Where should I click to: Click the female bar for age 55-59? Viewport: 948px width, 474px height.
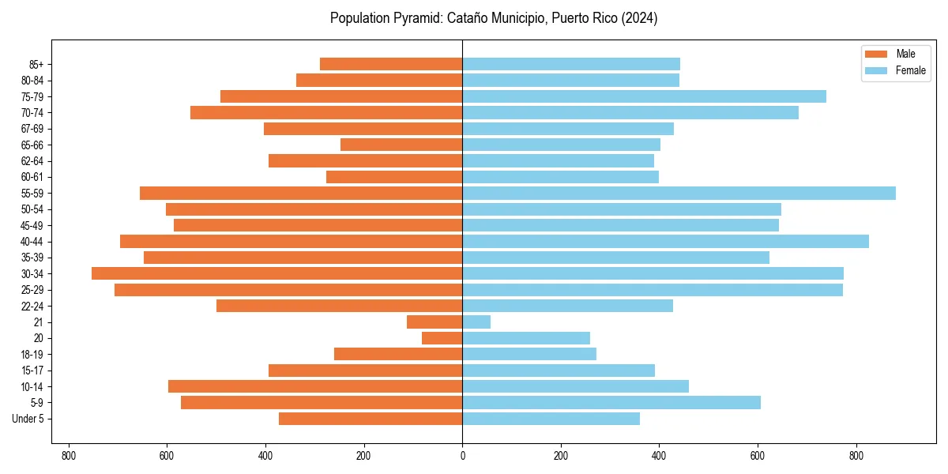pos(679,194)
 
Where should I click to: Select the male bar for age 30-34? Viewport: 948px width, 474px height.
pos(276,273)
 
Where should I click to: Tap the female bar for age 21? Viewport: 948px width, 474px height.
pos(476,322)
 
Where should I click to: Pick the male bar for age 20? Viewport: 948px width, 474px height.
pos(442,338)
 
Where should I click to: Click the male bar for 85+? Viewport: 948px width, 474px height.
pos(391,64)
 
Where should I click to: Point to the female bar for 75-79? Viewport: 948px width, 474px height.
pos(644,96)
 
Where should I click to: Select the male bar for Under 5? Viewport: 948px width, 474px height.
pos(371,419)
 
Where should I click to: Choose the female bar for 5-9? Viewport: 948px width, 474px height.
pos(611,403)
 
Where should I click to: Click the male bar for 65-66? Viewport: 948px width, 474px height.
pos(401,145)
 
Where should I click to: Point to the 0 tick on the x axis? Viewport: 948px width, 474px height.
pos(462,456)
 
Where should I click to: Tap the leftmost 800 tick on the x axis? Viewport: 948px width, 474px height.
pos(69,456)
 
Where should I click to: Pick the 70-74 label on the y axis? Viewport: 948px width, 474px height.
pos(32,113)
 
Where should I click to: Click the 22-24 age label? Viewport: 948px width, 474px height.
pos(32,307)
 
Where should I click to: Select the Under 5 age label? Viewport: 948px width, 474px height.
pos(28,419)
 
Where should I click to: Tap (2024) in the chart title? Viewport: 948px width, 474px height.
pos(639,18)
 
